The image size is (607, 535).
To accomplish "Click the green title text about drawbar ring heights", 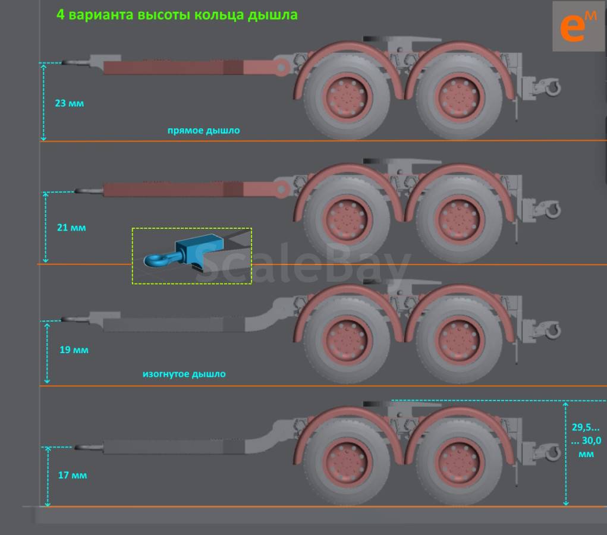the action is click(177, 15).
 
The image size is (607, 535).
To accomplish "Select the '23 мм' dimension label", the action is click(70, 103).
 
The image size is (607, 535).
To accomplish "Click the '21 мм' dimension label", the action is click(71, 228).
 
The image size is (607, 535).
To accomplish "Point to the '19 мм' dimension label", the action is click(74, 350).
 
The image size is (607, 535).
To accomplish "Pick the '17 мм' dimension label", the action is click(73, 475).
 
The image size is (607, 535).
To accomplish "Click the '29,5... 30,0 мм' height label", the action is click(586, 440).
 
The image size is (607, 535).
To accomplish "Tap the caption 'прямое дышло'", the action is click(204, 130).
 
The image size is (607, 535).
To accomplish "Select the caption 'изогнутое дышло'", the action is click(184, 374).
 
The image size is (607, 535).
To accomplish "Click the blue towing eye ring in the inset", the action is click(152, 260).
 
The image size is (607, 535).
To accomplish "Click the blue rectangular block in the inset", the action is click(199, 248).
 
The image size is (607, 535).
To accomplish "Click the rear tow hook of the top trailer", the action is click(552, 87).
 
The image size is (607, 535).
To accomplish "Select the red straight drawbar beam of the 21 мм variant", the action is click(174, 190).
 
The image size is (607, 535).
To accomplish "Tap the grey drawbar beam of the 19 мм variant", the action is click(174, 325).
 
